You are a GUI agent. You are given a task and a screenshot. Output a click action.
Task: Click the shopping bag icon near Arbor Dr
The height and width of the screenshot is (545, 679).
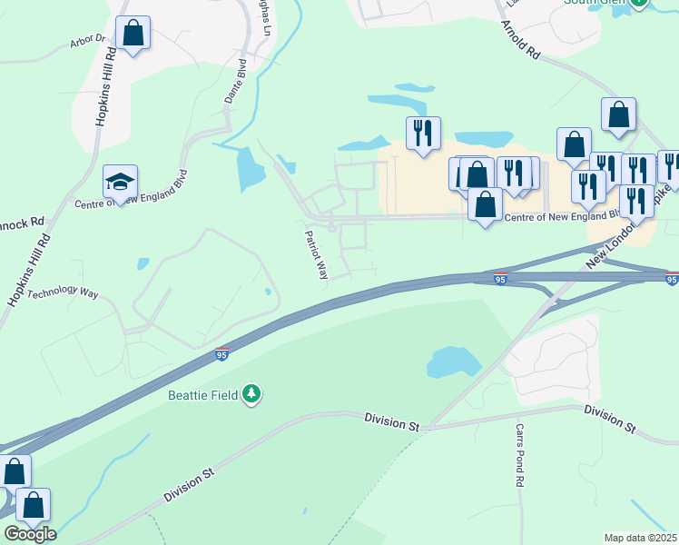tap(133, 34)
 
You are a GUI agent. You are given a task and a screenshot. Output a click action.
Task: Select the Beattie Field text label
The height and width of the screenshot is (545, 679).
tap(202, 394)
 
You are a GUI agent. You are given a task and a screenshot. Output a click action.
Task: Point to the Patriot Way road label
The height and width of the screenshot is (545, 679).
tap(316, 253)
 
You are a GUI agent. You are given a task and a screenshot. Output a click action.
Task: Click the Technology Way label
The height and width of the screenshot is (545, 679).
tap(63, 292)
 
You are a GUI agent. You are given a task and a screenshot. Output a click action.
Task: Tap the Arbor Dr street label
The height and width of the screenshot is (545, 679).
tap(88, 42)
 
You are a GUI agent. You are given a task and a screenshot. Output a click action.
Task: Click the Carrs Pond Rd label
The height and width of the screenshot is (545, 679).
tap(520, 455)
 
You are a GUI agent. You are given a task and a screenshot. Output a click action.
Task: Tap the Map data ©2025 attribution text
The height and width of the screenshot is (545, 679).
tap(641, 537)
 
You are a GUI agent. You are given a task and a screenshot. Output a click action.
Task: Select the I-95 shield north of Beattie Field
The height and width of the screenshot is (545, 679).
tap(221, 355)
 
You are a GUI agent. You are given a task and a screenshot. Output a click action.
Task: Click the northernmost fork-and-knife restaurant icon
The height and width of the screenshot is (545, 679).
tap(423, 134)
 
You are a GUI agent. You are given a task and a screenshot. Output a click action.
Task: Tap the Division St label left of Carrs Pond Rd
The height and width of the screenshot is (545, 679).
tap(392, 420)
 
